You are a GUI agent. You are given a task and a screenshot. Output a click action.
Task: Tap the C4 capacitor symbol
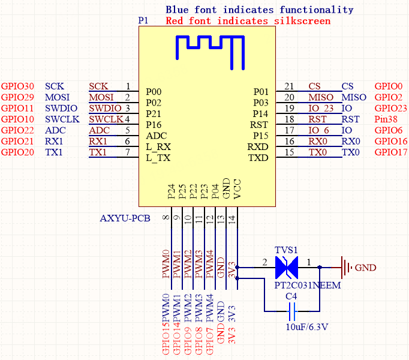(x=293, y=311)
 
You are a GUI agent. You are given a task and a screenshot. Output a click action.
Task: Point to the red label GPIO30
(x=17, y=86)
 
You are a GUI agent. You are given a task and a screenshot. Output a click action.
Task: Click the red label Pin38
(x=387, y=119)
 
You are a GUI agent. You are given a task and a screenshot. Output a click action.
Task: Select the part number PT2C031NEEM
(x=307, y=286)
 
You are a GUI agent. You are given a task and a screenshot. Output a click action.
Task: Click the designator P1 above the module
(x=143, y=20)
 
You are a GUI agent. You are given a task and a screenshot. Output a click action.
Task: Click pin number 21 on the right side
(x=290, y=86)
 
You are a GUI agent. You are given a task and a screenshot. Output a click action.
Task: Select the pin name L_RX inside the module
(x=158, y=146)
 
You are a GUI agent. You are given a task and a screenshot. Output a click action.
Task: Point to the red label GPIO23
(x=390, y=108)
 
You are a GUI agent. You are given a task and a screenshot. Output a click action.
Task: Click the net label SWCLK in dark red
(x=106, y=119)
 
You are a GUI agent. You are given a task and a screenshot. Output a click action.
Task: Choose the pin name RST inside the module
(x=258, y=125)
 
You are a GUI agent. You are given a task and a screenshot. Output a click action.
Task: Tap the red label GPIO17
(x=390, y=152)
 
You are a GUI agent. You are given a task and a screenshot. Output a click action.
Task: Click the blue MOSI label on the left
(x=57, y=97)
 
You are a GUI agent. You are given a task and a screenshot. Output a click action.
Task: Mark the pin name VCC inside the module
(x=237, y=190)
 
